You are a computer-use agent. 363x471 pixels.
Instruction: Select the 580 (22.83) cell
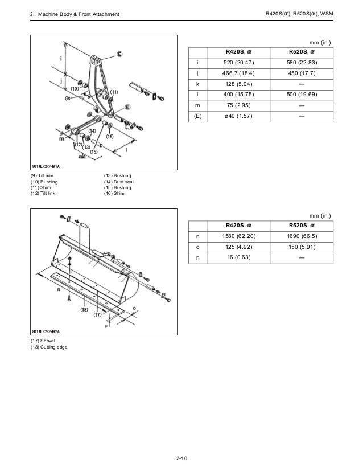click(302, 63)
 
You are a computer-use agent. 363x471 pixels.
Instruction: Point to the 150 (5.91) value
click(302, 248)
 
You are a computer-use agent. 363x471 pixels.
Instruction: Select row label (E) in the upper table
click(197, 117)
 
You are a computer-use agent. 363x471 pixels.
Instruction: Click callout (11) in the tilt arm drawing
click(114, 92)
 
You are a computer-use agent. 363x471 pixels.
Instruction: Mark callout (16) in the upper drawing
click(110, 137)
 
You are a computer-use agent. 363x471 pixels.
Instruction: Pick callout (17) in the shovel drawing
click(98, 314)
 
